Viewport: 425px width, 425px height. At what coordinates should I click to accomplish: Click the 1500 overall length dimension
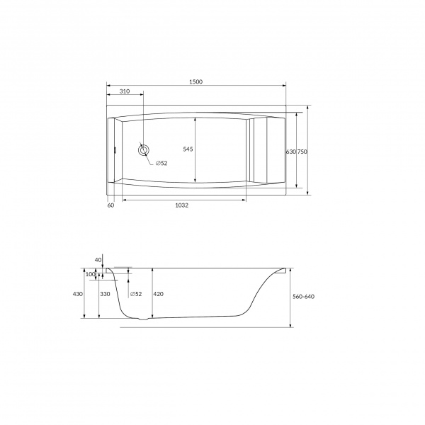click(x=195, y=81)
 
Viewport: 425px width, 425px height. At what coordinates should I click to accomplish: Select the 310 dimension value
click(x=125, y=91)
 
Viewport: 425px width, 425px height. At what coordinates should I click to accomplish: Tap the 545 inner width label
click(x=188, y=149)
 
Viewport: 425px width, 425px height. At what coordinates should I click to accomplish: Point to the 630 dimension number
click(x=291, y=152)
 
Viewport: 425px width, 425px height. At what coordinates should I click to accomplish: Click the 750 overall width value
click(x=302, y=152)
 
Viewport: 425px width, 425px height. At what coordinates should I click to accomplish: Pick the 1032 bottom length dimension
click(x=181, y=205)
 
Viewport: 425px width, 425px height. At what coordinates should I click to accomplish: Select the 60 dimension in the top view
click(x=111, y=205)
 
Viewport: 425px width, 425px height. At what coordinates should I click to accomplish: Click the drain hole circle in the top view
click(x=143, y=150)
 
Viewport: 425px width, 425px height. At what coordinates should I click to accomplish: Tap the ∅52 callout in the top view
click(x=161, y=163)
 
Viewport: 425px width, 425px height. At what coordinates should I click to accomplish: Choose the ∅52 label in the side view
click(x=136, y=294)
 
